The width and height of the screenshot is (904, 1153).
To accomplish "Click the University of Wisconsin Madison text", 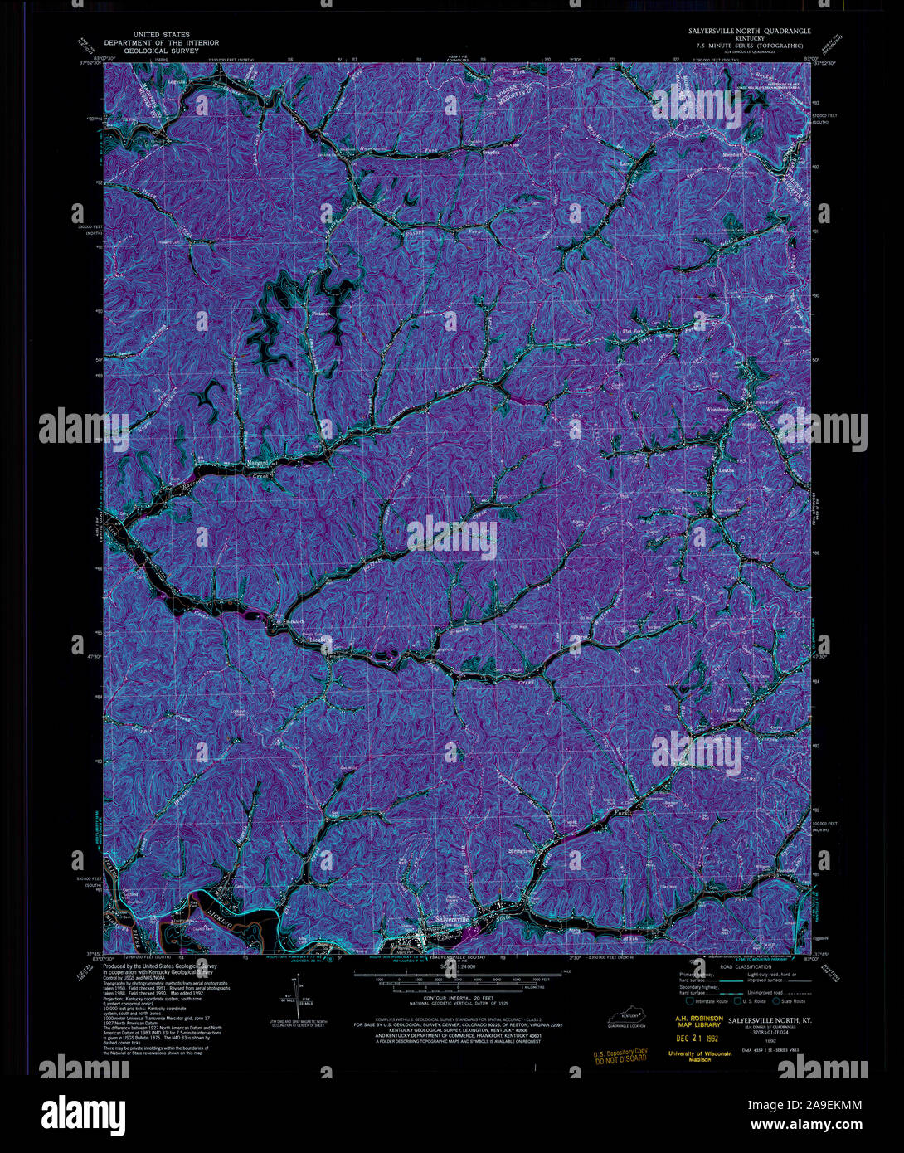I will [x=700, y=1056].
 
